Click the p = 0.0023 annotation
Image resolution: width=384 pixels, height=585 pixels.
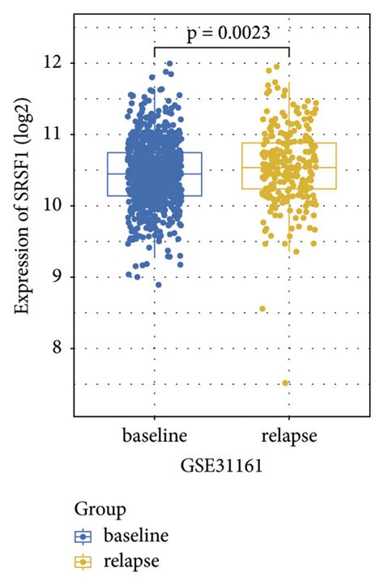pos(221,32)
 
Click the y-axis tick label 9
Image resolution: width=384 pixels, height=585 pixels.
pos(62,276)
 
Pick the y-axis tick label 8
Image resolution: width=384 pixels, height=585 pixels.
pos(62,348)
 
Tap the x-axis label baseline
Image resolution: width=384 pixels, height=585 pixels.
pos(154,437)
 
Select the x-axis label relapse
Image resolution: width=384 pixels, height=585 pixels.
pos(289,437)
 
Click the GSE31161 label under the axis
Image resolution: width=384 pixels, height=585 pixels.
pos(221,468)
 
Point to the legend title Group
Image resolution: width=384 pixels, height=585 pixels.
pos(100,510)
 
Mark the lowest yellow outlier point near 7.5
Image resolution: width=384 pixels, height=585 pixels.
pos(285,383)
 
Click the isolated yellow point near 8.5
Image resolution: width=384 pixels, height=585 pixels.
pos(262,309)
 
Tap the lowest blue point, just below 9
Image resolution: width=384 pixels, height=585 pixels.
pos(158,284)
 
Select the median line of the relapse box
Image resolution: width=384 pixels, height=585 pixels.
pos(289,168)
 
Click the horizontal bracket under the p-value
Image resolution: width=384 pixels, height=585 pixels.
pos(221,47)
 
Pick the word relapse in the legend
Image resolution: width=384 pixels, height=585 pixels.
pos(130,561)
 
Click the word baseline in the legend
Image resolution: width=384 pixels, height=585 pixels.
pos(134,536)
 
